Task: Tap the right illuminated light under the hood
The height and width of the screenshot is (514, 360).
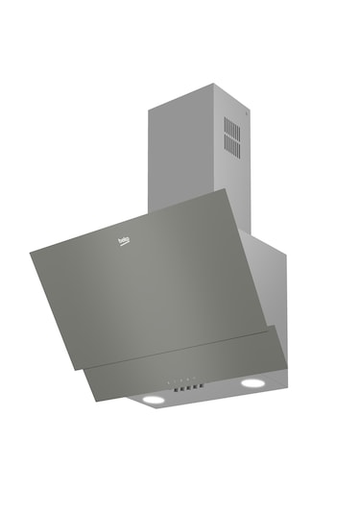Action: [x=252, y=382]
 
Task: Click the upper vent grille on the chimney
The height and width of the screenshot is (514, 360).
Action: [x=232, y=127]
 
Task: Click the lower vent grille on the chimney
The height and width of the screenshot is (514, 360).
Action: [x=232, y=146]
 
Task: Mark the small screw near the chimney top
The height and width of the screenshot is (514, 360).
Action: [x=247, y=114]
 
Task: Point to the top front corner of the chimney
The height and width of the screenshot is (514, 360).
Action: [x=148, y=108]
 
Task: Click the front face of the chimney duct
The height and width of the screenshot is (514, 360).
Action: [x=182, y=154]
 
